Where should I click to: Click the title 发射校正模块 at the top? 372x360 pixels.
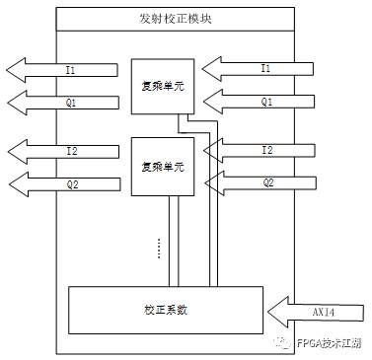coord(176,18)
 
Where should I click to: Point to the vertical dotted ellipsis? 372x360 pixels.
coord(158,247)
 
